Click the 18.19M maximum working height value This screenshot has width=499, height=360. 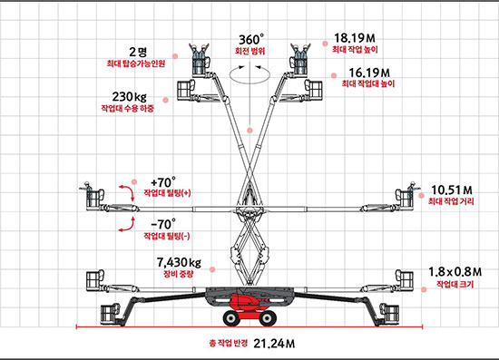pyautogui.click(x=355, y=38)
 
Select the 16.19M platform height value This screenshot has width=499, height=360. pyautogui.click(x=369, y=73)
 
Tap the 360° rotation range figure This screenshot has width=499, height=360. pyautogui.click(x=251, y=40)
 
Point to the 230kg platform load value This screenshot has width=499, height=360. pyautogui.click(x=129, y=96)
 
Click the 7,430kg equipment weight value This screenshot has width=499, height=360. pyautogui.click(x=179, y=263)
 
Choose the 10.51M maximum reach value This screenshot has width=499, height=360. pyautogui.click(x=452, y=190)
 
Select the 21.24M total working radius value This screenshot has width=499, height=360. pyautogui.click(x=274, y=344)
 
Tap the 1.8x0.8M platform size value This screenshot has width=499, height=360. pyautogui.click(x=455, y=272)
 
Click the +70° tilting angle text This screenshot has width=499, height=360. pyautogui.click(x=163, y=182)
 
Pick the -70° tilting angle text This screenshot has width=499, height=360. pyautogui.click(x=163, y=225)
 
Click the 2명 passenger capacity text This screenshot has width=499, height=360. pyautogui.click(x=138, y=52)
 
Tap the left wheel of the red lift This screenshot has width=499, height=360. pyautogui.click(x=231, y=318)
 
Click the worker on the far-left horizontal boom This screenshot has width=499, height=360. pyautogui.click(x=87, y=194)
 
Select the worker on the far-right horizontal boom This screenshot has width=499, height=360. pyautogui.click(x=413, y=194)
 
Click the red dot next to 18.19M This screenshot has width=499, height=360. pyautogui.click(x=325, y=44)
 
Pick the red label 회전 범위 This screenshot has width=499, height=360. pyautogui.click(x=249, y=51)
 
